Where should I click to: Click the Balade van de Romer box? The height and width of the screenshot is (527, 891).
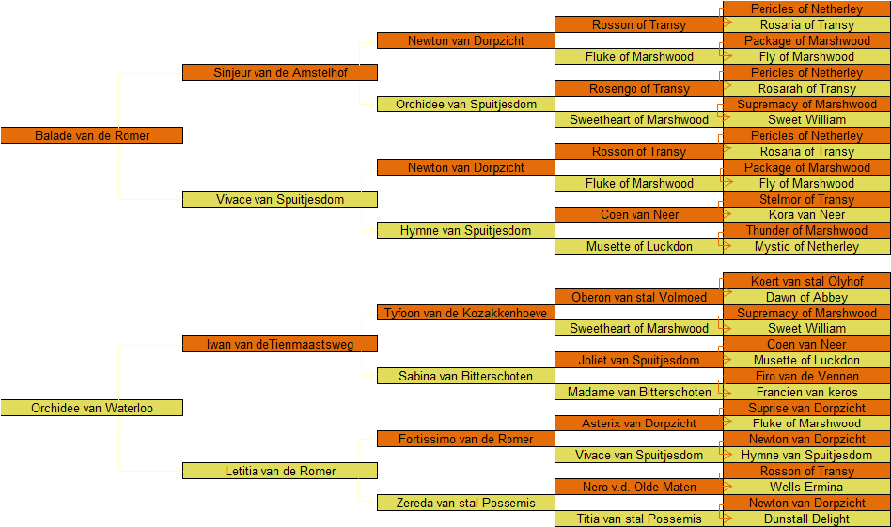91,135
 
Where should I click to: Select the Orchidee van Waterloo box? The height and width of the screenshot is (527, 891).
91,408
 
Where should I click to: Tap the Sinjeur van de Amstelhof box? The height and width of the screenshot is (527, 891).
279,72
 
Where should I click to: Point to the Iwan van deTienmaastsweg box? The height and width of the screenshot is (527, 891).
279,344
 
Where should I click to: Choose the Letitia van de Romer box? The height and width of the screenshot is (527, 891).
279,471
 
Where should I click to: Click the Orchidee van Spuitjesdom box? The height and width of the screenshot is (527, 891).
466,104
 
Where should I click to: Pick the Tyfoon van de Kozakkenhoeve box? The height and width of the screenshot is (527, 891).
466,312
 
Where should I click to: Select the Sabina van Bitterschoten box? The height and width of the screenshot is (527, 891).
466,376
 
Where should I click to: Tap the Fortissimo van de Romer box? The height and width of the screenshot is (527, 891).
466,439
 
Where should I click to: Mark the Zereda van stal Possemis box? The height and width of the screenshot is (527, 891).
466,503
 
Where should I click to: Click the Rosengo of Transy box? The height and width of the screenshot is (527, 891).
639,88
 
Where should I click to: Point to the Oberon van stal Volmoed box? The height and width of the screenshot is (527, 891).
639,297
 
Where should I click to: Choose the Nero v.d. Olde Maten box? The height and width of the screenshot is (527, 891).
639,487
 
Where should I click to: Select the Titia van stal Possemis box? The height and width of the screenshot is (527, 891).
639,519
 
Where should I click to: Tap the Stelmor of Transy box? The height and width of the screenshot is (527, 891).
807,199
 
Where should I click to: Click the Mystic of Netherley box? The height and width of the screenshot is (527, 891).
807,246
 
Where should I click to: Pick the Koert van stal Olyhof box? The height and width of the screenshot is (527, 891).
807,281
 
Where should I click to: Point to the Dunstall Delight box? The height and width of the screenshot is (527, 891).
807,519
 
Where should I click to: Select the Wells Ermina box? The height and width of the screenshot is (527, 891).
807,487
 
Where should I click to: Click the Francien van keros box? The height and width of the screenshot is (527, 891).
807,392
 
